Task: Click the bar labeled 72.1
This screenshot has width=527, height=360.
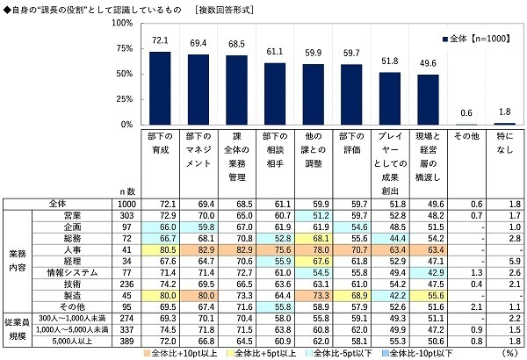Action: point(160,88)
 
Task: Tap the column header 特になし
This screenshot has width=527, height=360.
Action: point(504,148)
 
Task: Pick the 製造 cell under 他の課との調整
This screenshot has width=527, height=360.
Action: point(313,295)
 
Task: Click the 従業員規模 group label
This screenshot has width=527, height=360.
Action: point(18,329)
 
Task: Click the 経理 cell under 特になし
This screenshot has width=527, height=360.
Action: point(504,260)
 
